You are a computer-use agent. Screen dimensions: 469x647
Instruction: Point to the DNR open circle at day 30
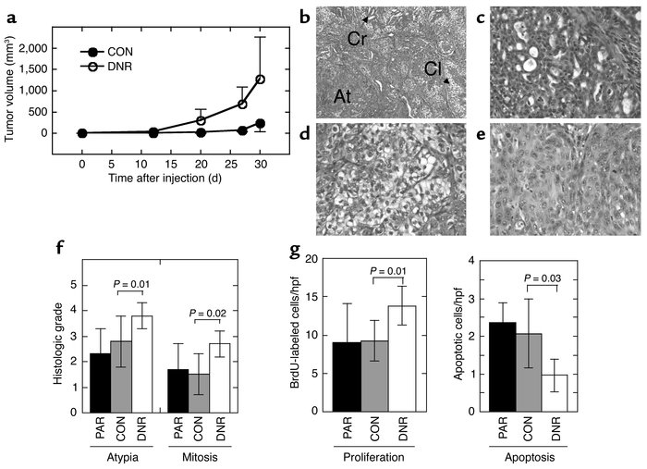pyautogui.click(x=261, y=80)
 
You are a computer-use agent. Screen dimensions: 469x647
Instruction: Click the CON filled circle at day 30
pyautogui.click(x=261, y=123)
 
